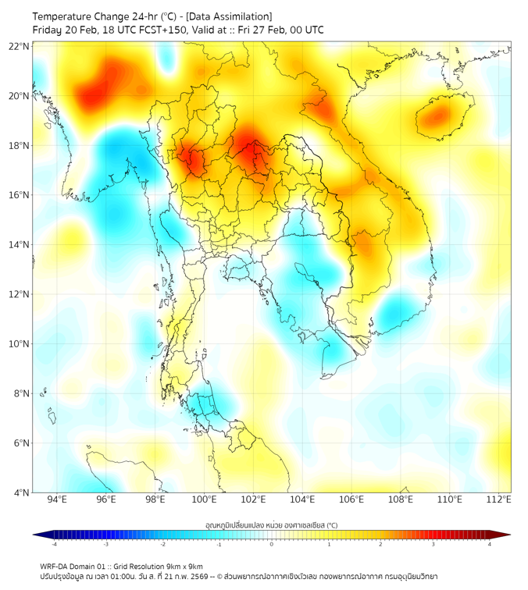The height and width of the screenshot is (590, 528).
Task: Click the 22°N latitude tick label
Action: [20, 46]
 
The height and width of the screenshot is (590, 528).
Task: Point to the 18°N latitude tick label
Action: [20, 146]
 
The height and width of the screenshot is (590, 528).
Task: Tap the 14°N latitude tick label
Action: [20, 245]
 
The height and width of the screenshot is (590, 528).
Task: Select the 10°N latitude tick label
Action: [20, 344]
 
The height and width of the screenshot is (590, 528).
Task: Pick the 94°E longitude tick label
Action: [57, 499]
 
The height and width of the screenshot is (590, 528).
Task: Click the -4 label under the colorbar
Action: [53, 544]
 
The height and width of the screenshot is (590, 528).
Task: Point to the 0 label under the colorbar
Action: [272, 544]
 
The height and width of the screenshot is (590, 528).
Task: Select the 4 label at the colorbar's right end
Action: [490, 544]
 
